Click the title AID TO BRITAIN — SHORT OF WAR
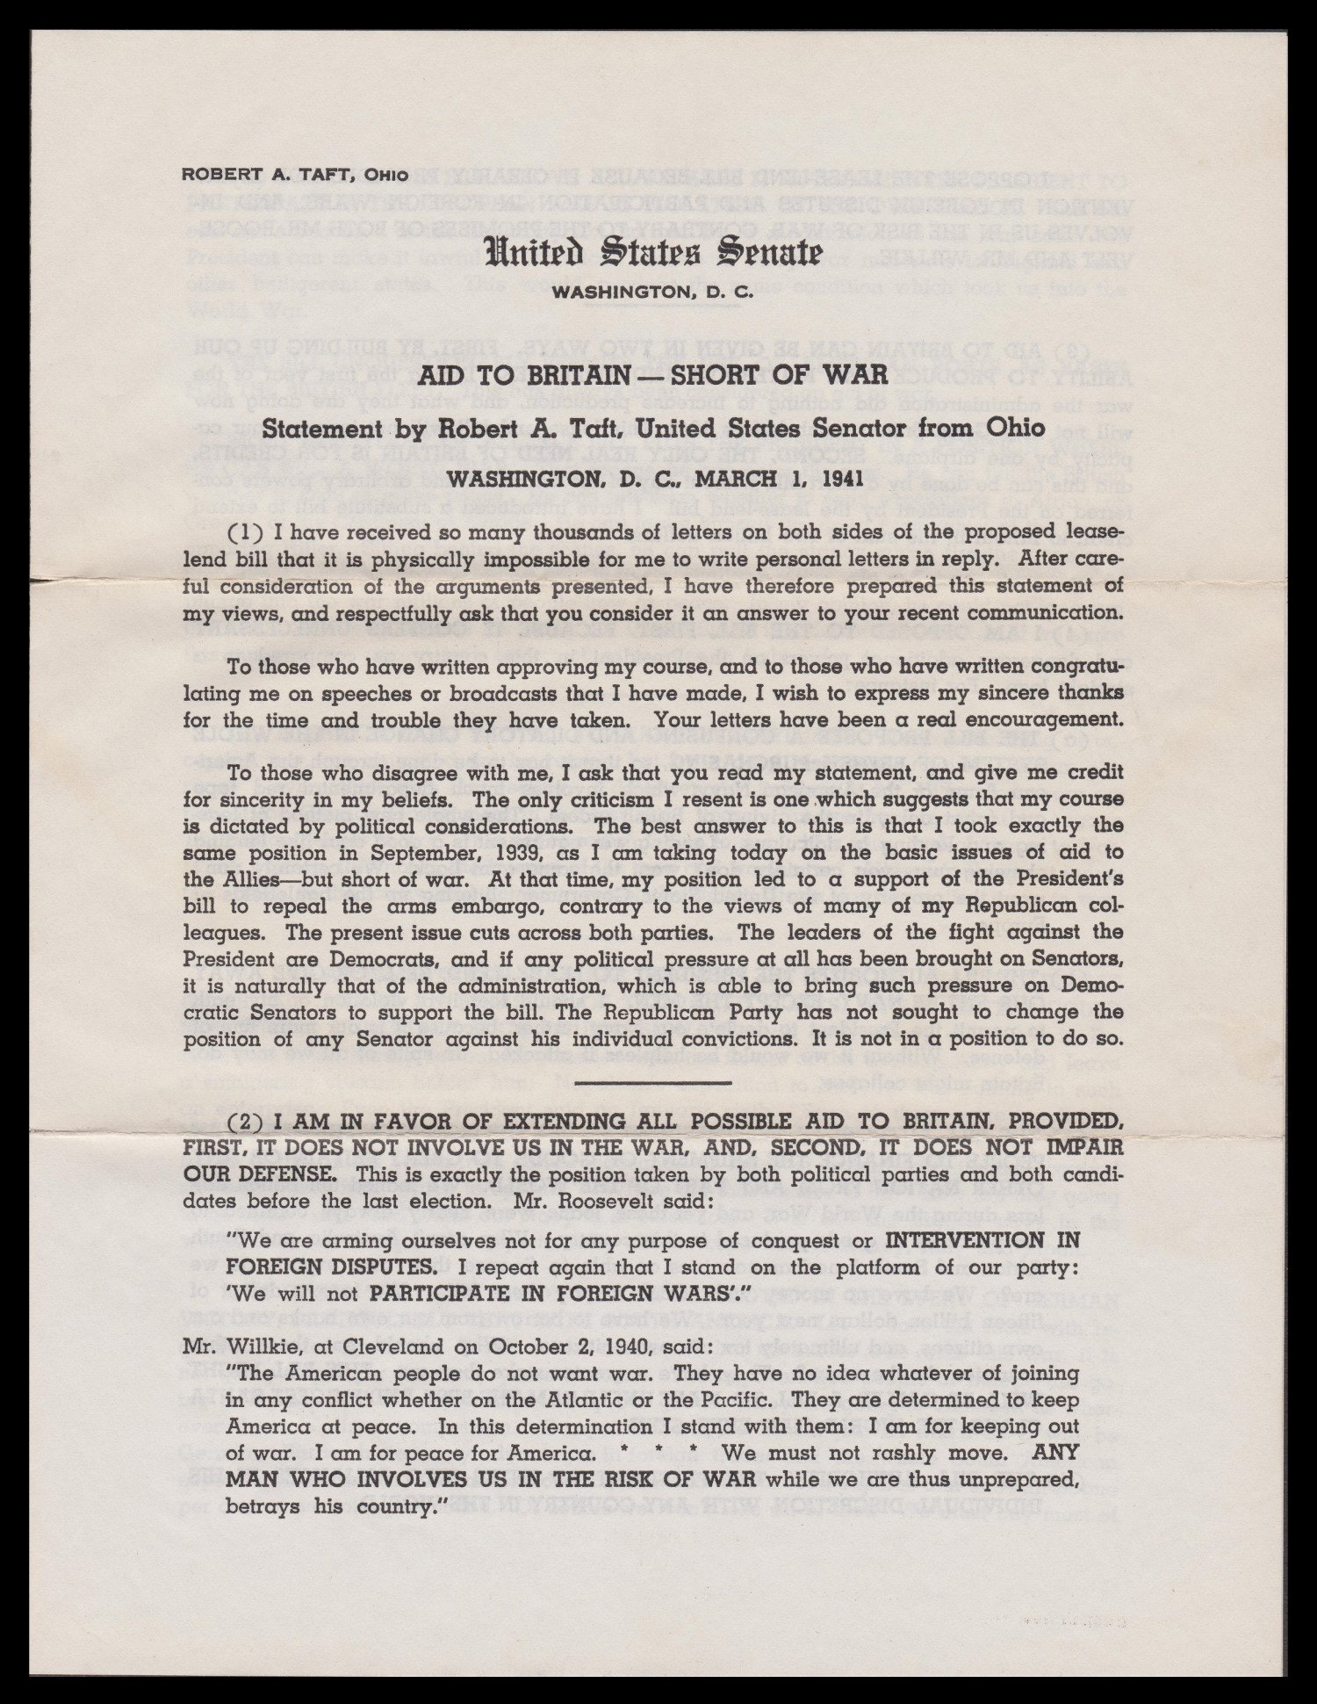click(653, 378)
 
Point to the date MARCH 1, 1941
click(776, 480)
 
